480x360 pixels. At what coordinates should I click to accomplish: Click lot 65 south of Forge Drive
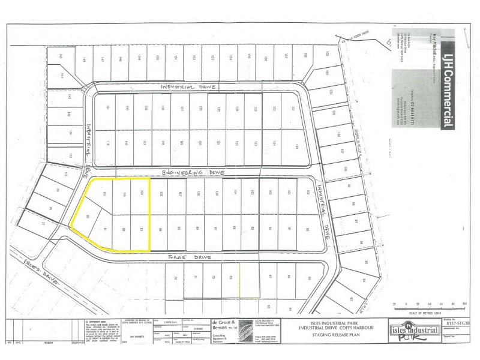(308, 278)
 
